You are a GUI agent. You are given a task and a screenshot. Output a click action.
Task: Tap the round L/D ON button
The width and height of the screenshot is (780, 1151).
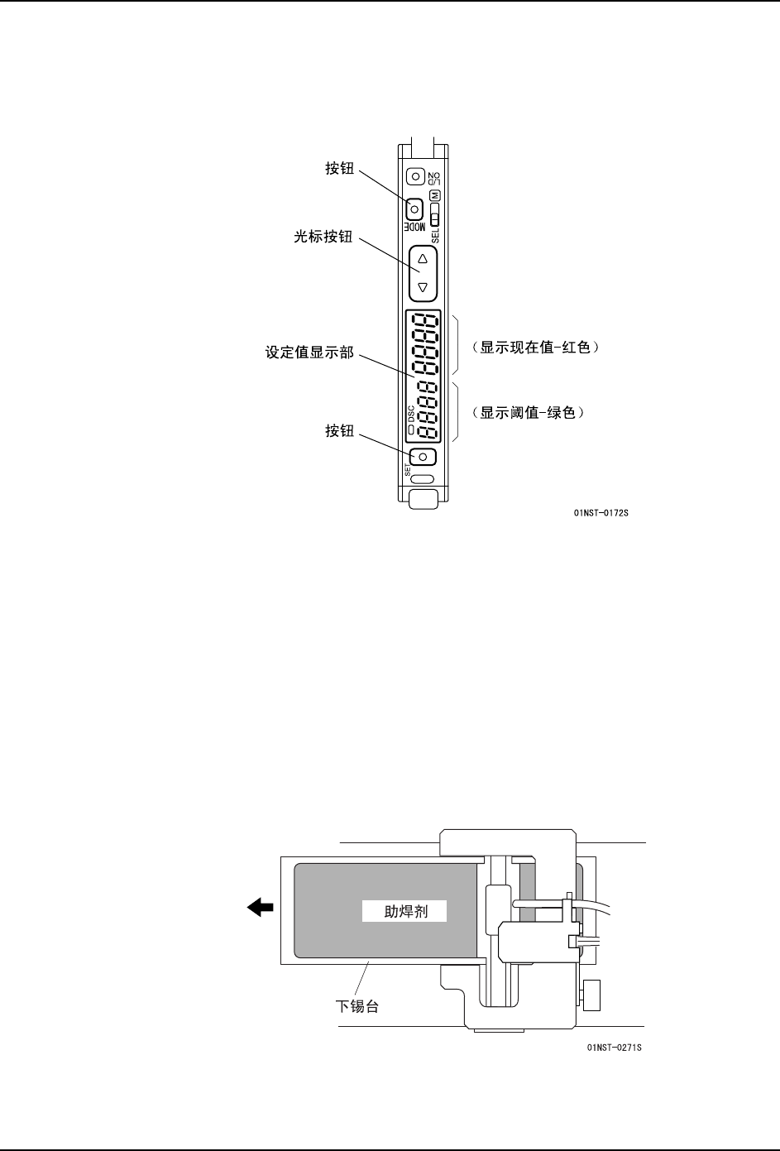point(415,176)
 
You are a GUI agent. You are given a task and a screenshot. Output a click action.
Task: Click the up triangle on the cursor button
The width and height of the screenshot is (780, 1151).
point(423,258)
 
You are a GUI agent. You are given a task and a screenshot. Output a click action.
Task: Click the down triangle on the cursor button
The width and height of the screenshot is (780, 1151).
point(423,287)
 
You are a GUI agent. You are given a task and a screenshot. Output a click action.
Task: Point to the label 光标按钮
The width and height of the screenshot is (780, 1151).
point(323,237)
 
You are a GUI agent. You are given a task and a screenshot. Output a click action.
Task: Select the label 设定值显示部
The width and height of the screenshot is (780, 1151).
point(309,353)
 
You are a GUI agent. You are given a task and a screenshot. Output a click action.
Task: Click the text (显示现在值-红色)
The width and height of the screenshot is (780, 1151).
point(531,348)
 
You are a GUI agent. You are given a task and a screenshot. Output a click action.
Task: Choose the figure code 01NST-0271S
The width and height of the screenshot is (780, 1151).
point(614,1048)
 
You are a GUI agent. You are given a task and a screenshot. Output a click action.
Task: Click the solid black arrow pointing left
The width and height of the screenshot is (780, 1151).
point(261,909)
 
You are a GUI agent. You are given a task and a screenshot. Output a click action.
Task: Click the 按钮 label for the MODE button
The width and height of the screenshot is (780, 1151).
point(339,169)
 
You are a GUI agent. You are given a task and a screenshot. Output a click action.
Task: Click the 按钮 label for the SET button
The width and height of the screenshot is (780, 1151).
point(339,430)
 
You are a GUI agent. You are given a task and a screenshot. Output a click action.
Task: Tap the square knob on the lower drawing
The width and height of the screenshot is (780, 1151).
point(591,994)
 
